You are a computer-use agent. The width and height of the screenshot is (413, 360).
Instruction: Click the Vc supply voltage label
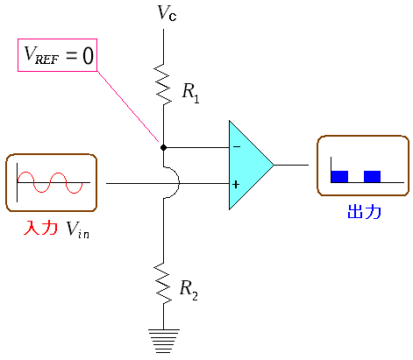tap(167, 13)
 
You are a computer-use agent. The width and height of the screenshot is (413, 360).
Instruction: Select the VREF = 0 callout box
tap(57, 55)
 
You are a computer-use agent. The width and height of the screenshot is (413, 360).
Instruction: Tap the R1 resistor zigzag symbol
tap(163, 85)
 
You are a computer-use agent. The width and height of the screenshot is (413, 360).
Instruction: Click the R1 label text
tap(190, 93)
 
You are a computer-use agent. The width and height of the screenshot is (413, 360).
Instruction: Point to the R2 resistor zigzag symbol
tap(163, 283)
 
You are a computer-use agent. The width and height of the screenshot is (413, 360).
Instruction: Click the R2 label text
tap(189, 290)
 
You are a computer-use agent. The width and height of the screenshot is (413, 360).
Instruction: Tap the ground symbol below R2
tap(163, 341)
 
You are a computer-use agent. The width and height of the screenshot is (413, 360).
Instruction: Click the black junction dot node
tap(163, 147)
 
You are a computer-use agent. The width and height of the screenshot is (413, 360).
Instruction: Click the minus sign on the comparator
tap(237, 146)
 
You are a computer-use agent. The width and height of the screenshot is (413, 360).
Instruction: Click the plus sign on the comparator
tap(236, 184)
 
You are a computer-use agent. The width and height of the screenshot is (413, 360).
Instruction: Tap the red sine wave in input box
tap(50, 182)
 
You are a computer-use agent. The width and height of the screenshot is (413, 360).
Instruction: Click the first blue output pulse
tap(339, 177)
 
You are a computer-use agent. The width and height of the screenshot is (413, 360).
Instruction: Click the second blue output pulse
tap(372, 177)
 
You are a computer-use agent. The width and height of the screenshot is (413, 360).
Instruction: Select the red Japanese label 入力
tap(40, 228)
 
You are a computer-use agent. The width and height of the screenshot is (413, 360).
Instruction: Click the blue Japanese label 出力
tap(365, 212)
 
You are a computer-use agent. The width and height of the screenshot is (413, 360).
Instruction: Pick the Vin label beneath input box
tap(78, 229)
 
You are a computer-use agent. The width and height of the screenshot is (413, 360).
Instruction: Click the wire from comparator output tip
tap(291, 165)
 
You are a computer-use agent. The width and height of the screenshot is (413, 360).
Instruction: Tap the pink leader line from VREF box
tap(128, 107)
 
